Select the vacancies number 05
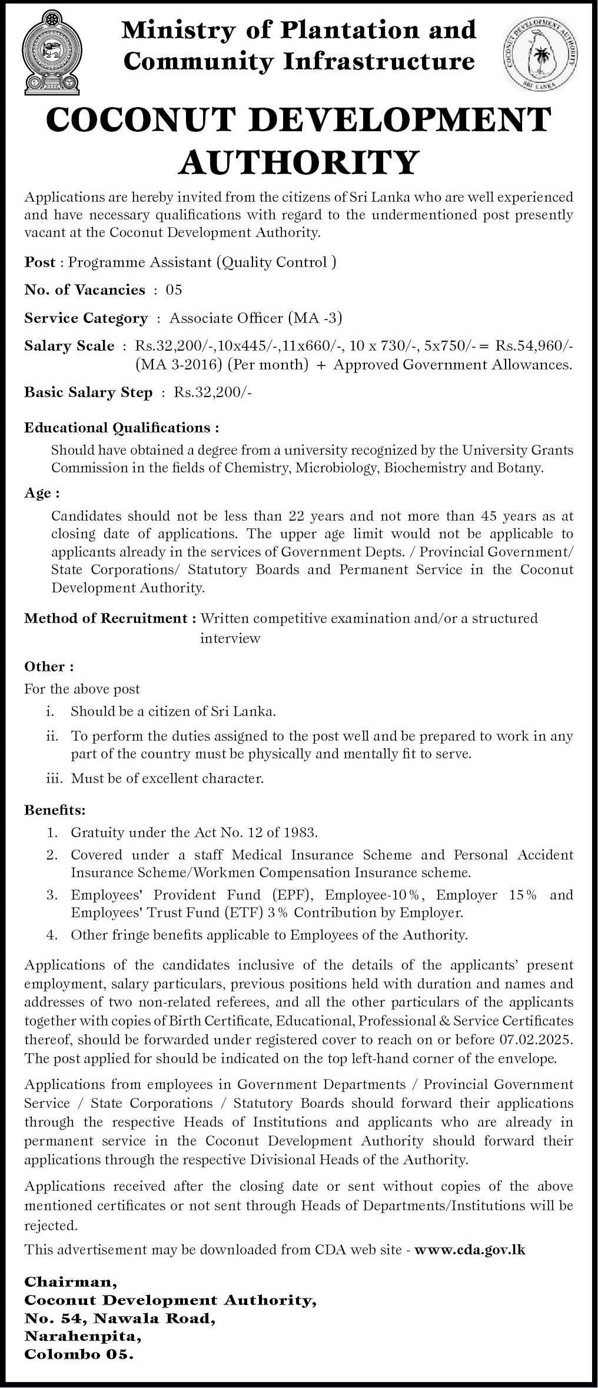point(174,289)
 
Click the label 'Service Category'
point(86,318)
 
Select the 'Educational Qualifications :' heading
point(122,427)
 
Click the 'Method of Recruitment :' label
point(110,618)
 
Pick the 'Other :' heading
point(49,666)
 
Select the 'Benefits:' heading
point(55,810)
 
